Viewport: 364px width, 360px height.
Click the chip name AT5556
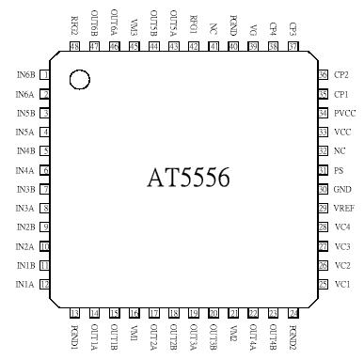coord(188,178)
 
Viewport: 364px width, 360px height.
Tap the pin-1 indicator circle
coord(80,81)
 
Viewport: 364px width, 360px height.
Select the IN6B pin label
coord(25,74)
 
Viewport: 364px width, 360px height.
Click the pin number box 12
coord(44,284)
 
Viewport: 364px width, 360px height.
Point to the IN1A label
coord(25,284)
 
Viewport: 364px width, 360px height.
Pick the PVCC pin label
coord(343,112)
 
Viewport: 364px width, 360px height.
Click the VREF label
coord(343,208)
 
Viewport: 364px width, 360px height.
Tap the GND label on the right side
coord(341,189)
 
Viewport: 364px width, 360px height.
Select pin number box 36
coord(323,74)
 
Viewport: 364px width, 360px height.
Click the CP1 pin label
coord(340,93)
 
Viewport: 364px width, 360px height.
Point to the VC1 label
coord(341,284)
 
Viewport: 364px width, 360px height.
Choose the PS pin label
coord(338,169)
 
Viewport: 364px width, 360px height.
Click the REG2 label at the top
coord(75,23)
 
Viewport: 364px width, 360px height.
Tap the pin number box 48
coord(75,46)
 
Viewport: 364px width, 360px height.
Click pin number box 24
coord(293,313)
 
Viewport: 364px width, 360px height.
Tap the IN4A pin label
coord(25,169)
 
